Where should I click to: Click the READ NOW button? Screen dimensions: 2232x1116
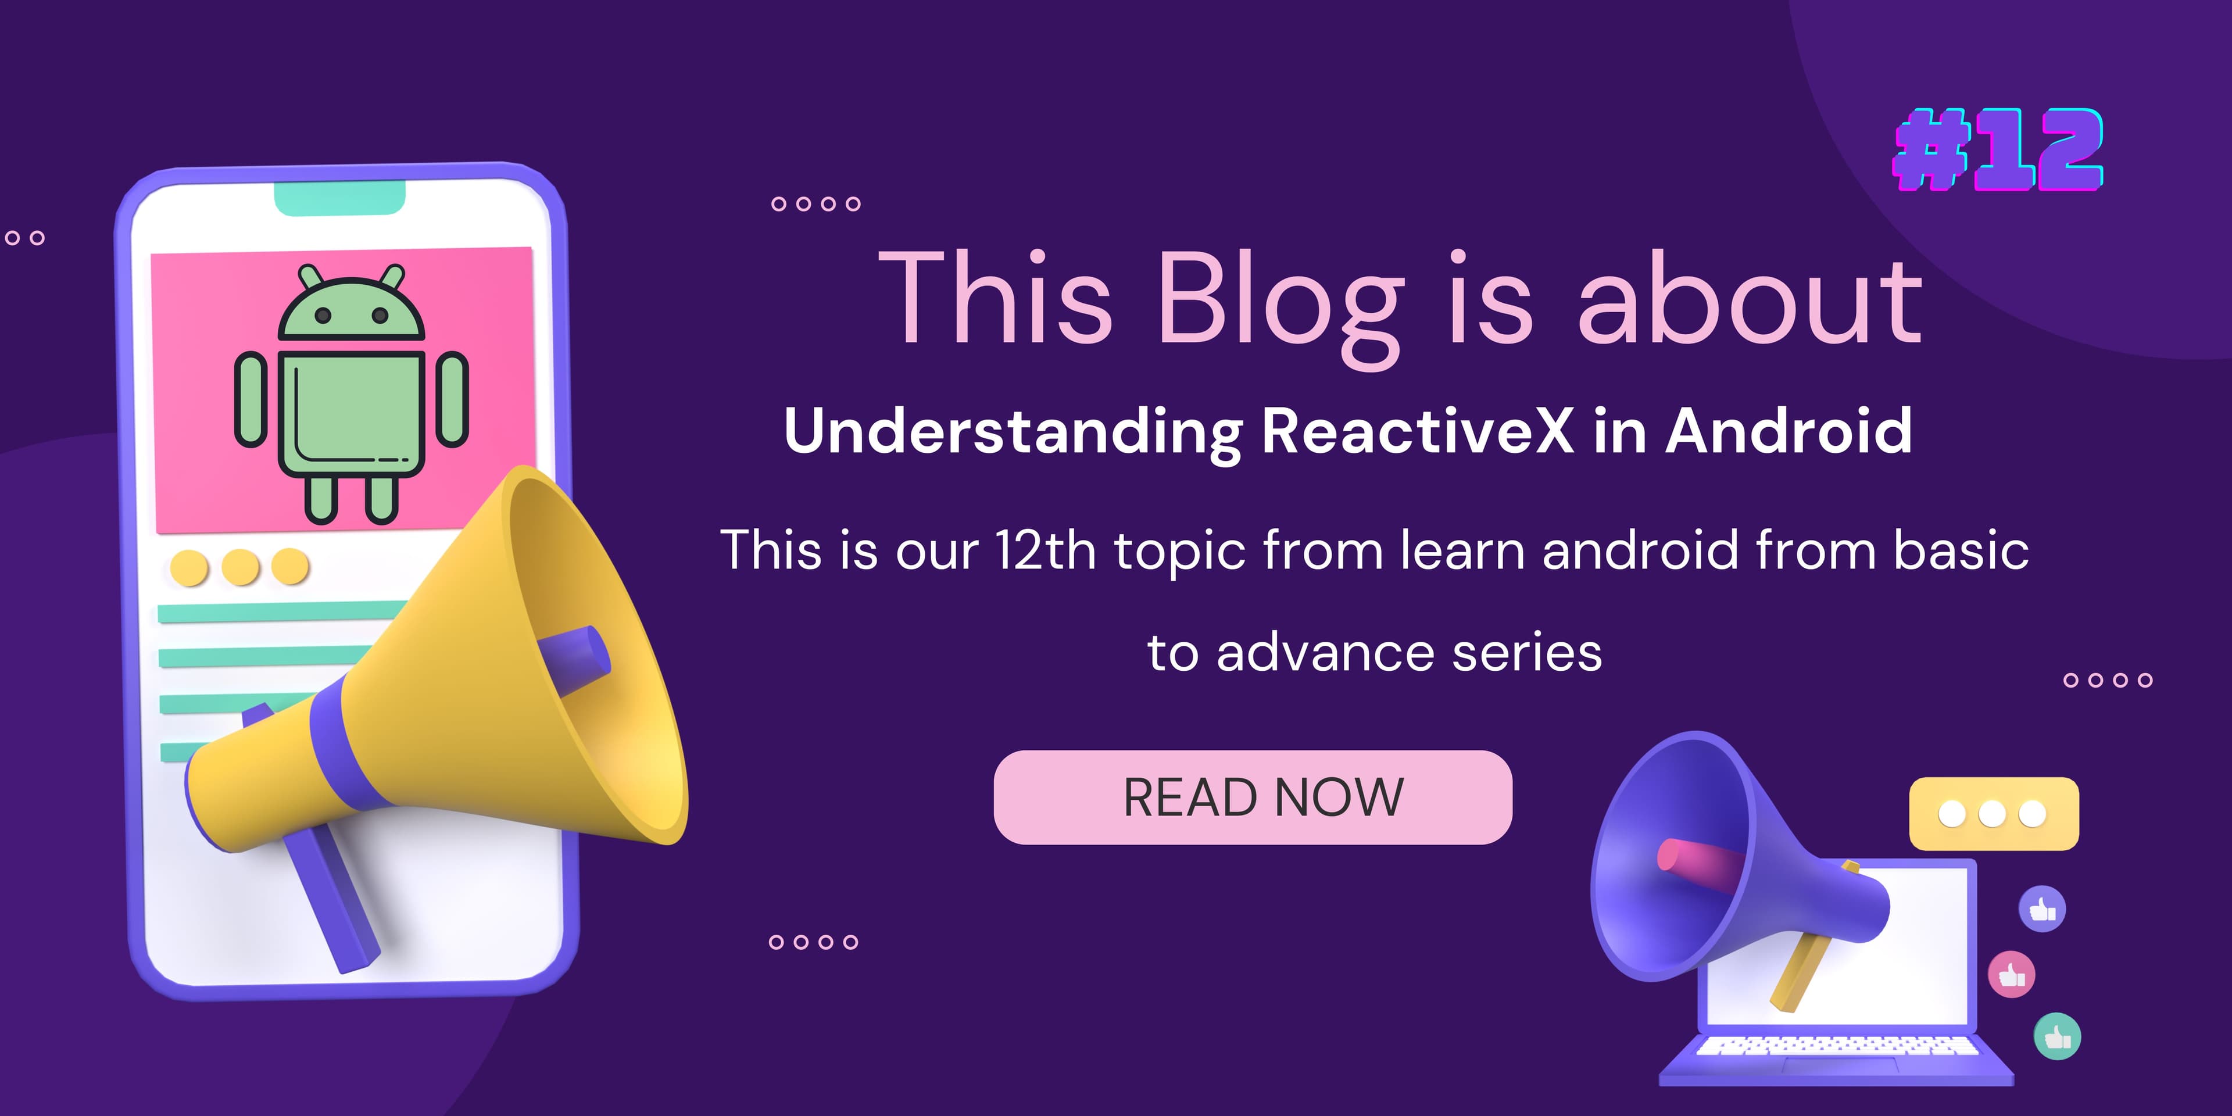pyautogui.click(x=1253, y=797)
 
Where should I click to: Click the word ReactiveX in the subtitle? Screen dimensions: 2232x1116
pyautogui.click(x=1418, y=431)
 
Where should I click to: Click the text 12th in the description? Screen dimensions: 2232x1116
pyautogui.click(x=1046, y=550)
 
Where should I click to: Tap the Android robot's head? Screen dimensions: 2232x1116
pyautogui.click(x=351, y=304)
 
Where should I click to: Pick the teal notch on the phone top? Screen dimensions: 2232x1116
pyautogui.click(x=339, y=198)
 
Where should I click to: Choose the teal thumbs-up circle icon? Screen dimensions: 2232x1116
pyautogui.click(x=2057, y=1036)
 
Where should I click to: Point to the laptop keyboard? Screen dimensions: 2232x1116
pyautogui.click(x=1837, y=1046)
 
